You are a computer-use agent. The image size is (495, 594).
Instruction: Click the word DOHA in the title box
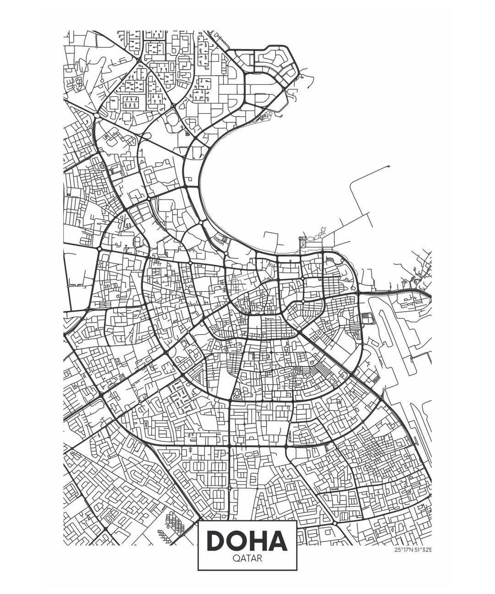[x=247, y=541]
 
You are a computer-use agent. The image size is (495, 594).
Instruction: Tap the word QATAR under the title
[x=247, y=559]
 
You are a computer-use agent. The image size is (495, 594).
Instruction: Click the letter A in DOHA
[x=278, y=541]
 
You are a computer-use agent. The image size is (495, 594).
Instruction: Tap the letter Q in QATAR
[x=236, y=559]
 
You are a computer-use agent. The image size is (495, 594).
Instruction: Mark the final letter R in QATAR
[x=259, y=559]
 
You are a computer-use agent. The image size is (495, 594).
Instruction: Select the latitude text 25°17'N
[x=403, y=550]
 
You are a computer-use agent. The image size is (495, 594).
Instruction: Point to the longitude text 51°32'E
[x=423, y=550]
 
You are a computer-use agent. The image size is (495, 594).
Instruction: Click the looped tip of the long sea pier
[x=388, y=166]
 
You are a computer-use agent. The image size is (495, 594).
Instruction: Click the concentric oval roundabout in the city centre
[x=236, y=393]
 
